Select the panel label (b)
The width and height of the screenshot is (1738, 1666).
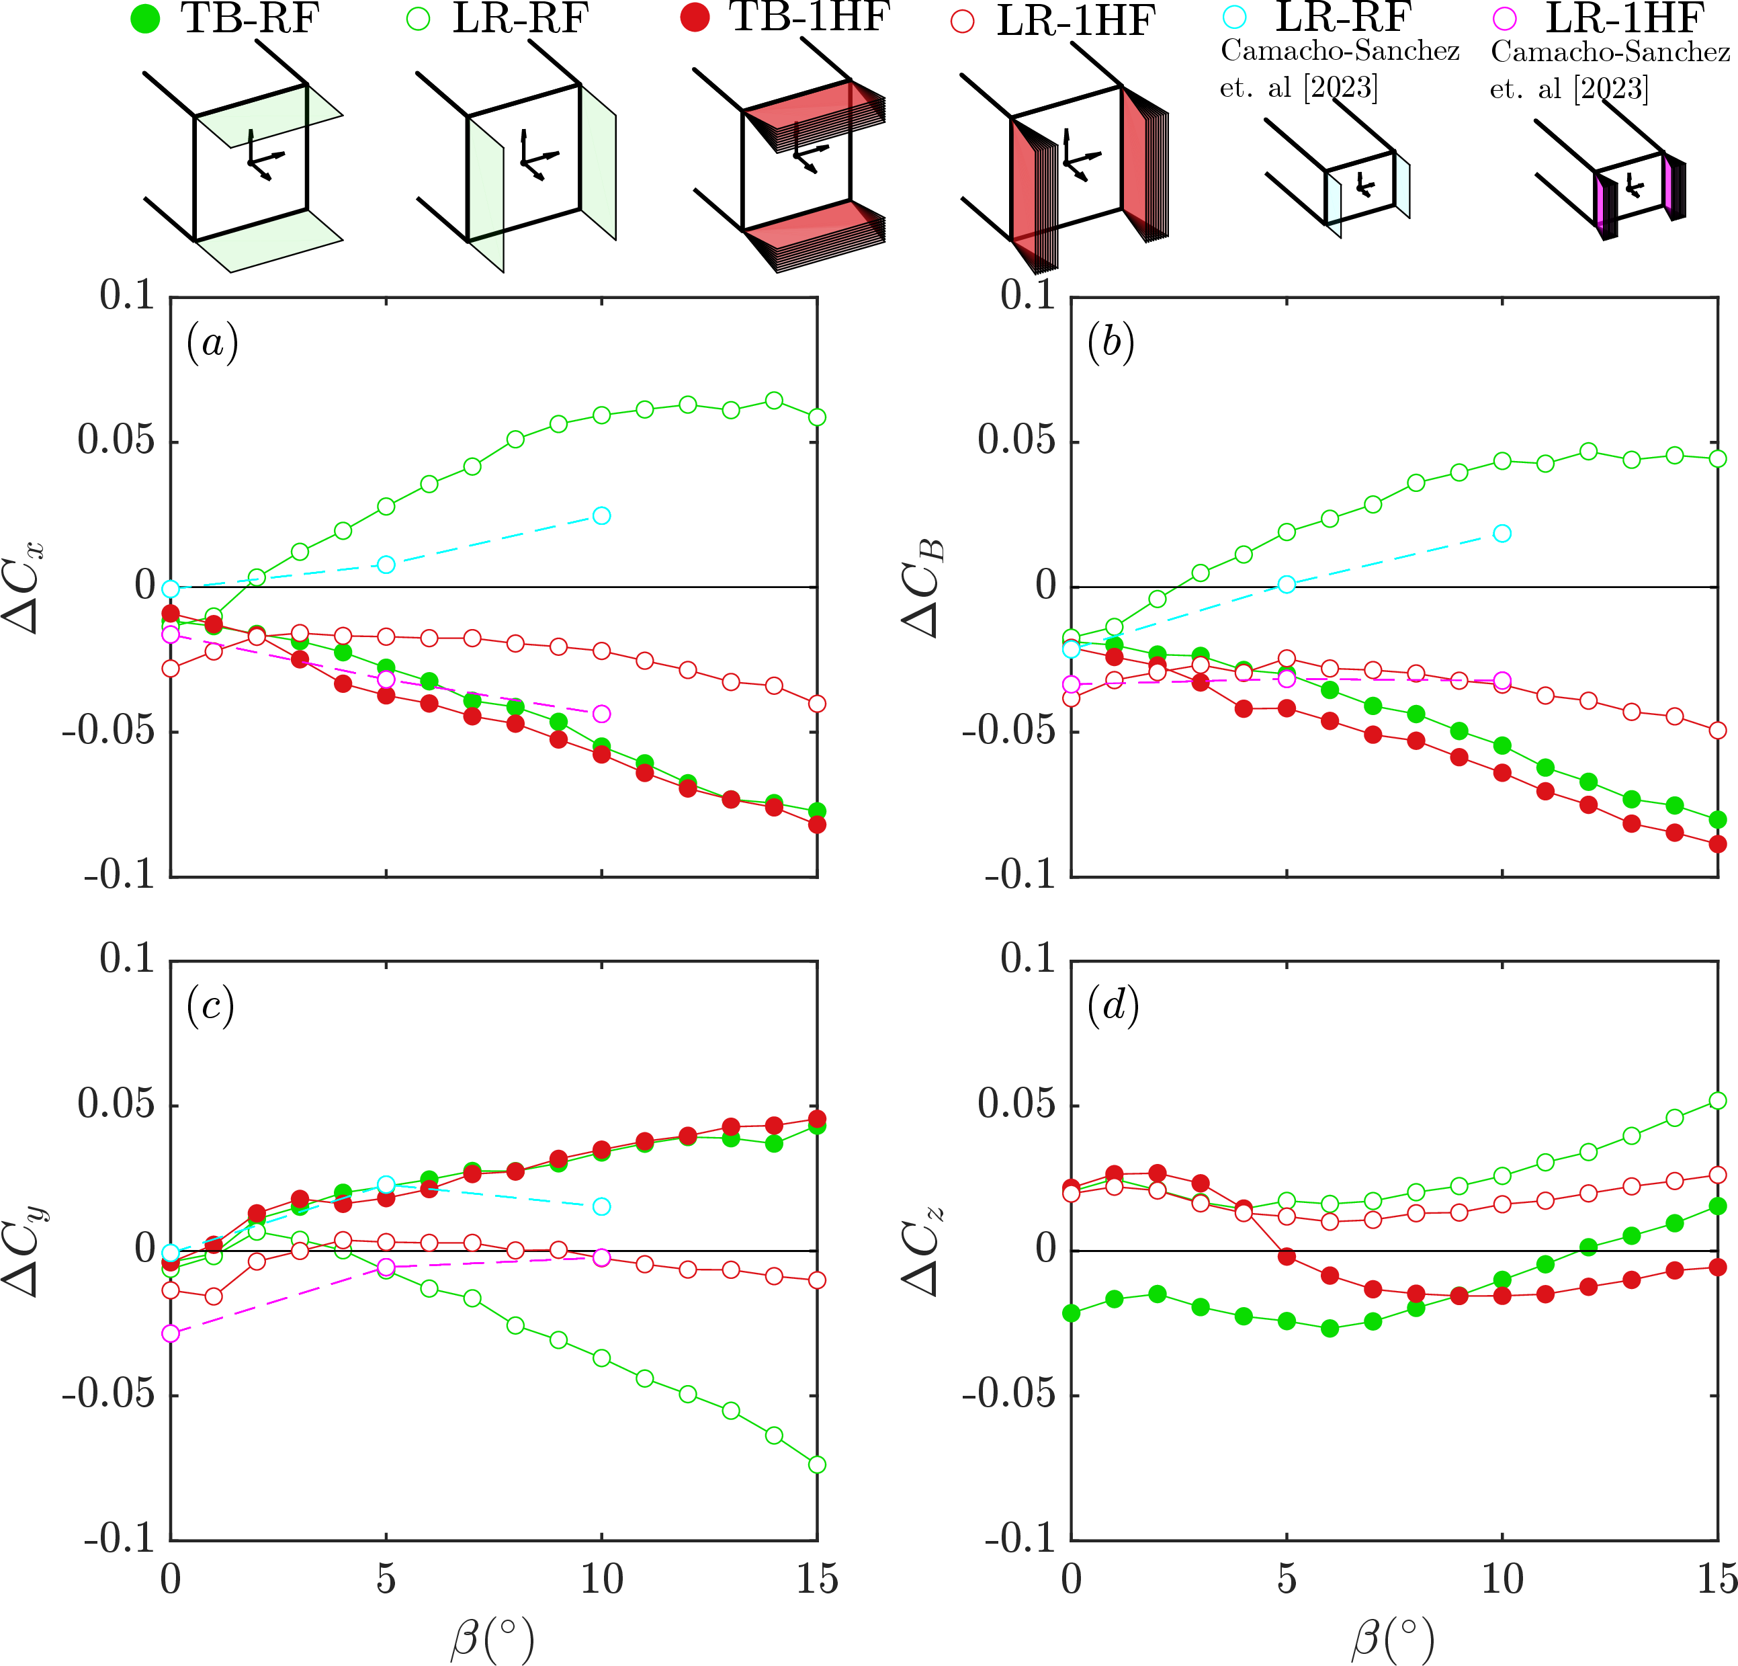coord(1111,343)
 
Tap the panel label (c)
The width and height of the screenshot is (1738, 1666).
coord(210,1006)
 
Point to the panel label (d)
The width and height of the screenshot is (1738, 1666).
coord(1113,1006)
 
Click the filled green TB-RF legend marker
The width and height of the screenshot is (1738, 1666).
coord(144,19)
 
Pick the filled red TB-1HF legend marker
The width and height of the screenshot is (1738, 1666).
coord(695,17)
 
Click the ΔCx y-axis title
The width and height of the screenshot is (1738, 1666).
coord(25,587)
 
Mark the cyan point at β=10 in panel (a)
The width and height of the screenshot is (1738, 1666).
coord(601,516)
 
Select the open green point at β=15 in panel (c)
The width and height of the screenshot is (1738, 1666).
coord(817,1464)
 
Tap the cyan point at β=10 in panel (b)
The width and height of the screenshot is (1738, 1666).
coord(1502,533)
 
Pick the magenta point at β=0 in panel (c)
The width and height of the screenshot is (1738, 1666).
coord(170,1333)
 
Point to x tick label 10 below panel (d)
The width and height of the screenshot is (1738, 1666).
coord(1502,1580)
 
